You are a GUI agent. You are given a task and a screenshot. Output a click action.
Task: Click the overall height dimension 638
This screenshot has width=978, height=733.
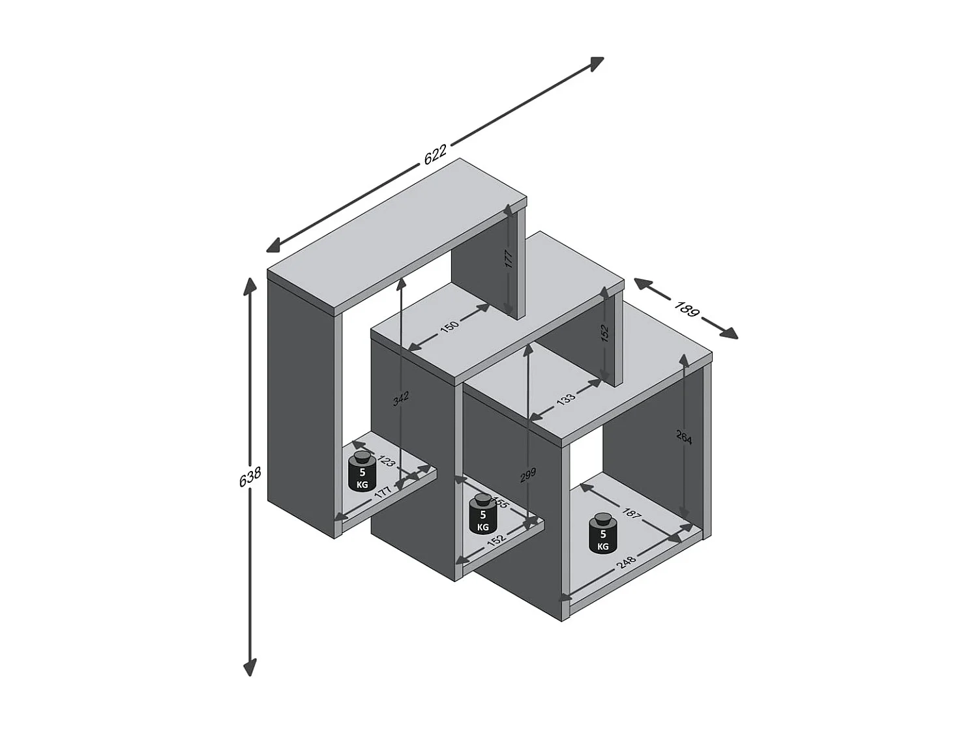250,476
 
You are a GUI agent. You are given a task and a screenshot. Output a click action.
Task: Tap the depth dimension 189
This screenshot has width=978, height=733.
686,308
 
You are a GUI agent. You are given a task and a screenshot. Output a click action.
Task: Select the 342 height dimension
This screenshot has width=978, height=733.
401,398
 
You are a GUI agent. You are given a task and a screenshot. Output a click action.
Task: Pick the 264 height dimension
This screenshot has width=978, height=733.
684,438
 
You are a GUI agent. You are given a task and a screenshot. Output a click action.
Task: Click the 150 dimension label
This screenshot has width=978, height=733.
449,326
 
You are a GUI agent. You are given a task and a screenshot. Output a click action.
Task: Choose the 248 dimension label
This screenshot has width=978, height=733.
627,562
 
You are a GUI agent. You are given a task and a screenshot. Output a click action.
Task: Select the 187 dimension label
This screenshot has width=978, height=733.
630,513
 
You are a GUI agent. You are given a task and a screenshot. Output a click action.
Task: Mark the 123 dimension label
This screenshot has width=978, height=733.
386,461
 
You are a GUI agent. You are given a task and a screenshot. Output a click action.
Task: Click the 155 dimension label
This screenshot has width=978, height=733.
499,502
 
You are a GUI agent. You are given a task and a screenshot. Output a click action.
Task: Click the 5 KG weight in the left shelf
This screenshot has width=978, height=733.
363,471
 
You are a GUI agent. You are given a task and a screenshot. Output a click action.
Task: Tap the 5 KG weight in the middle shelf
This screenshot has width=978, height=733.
483,513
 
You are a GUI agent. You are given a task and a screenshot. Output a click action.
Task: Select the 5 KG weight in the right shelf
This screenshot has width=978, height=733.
603,534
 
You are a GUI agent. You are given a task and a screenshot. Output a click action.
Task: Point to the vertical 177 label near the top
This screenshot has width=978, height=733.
509,259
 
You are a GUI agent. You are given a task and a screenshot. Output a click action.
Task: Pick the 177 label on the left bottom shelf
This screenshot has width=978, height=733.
383,493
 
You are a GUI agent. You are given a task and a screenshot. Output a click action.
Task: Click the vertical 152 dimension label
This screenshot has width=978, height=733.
604,334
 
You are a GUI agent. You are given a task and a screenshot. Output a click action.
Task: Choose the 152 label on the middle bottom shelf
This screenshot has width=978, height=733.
497,539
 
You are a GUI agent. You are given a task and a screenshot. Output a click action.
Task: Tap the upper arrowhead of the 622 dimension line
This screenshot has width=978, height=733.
597,62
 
